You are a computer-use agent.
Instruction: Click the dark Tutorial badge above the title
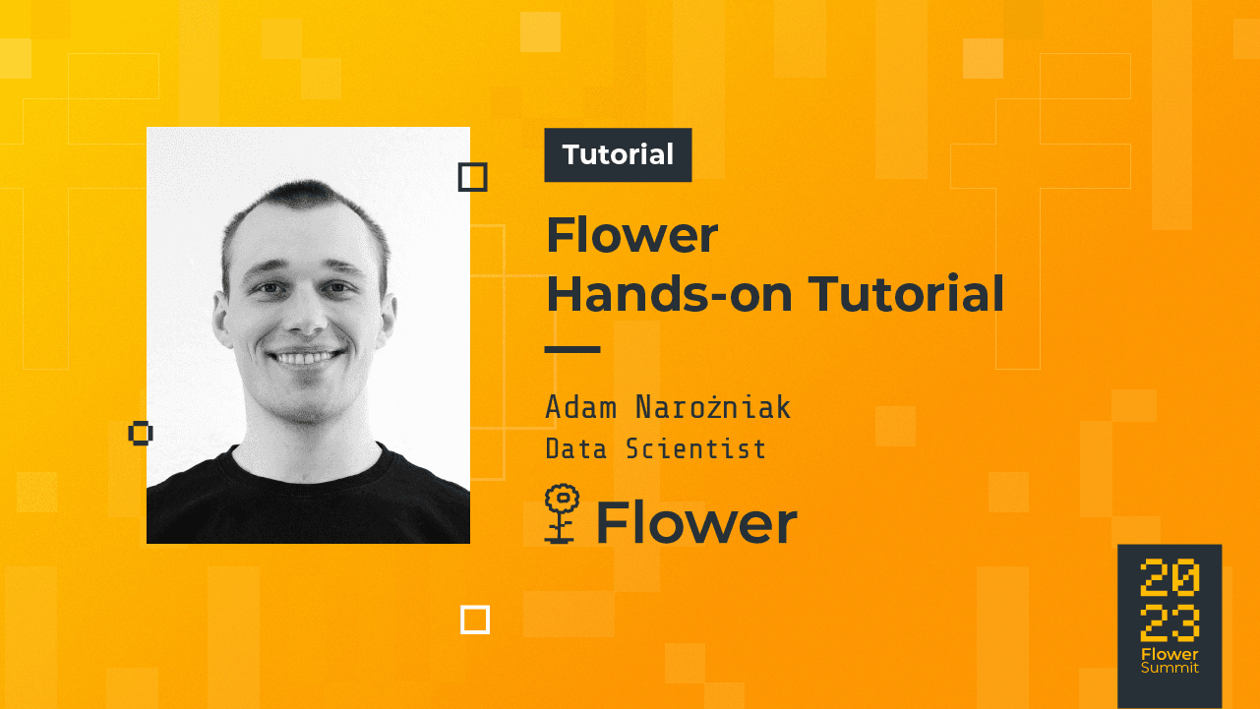[x=618, y=155]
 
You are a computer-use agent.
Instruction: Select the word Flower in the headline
[x=632, y=236]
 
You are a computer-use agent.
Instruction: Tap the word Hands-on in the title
[x=668, y=294]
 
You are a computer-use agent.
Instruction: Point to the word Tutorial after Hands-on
[x=906, y=294]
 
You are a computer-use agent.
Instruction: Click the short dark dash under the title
[x=572, y=349]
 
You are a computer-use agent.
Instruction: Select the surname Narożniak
[x=713, y=407]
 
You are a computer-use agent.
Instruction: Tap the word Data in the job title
[x=575, y=449]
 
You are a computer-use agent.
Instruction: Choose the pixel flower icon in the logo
[x=561, y=513]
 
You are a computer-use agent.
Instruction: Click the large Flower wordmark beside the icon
[x=696, y=522]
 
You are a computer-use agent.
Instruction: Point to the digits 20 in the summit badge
[x=1170, y=579]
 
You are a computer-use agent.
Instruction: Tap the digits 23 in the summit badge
[x=1170, y=622]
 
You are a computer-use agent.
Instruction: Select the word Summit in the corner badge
[x=1170, y=668]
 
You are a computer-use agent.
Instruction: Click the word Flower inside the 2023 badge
[x=1170, y=654]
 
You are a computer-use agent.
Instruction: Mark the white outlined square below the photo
[x=475, y=620]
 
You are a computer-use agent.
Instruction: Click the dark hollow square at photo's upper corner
[x=473, y=178]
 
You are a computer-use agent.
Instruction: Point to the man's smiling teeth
[x=308, y=357]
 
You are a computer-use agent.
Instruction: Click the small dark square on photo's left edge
[x=141, y=433]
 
